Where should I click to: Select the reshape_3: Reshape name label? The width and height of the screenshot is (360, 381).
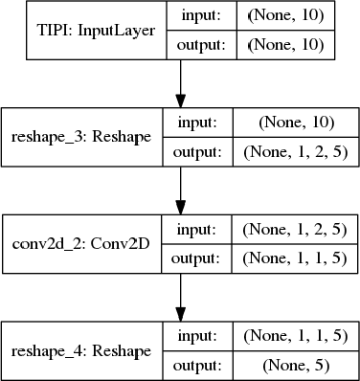click(80, 136)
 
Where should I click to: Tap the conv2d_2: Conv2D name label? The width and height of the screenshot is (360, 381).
click(80, 243)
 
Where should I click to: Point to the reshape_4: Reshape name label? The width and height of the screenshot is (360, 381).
click(80, 350)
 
